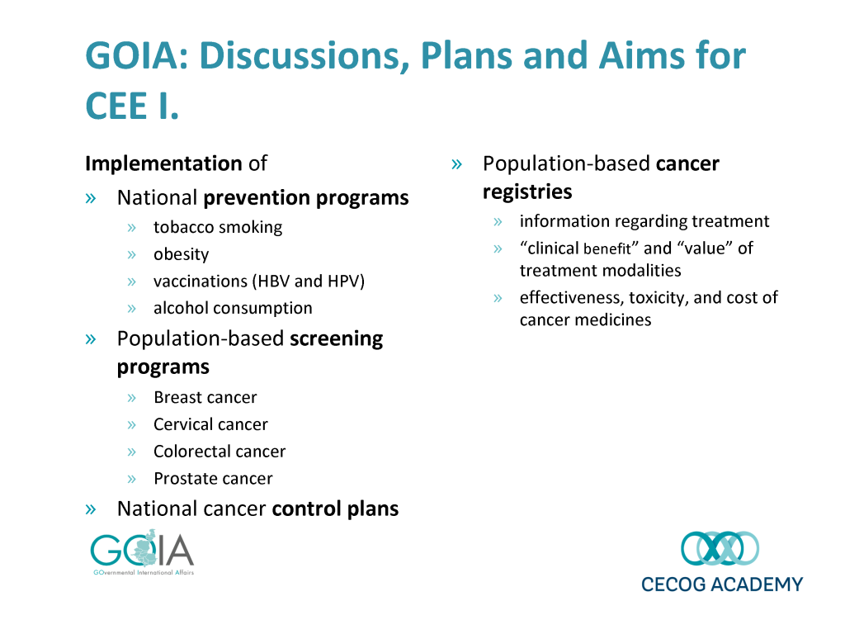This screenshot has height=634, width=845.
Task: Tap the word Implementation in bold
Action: click(164, 163)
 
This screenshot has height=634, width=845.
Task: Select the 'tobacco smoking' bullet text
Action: click(218, 228)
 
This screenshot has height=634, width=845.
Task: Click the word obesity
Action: click(181, 254)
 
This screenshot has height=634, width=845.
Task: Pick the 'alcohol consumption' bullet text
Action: click(233, 309)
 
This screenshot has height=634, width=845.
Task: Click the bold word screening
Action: click(337, 339)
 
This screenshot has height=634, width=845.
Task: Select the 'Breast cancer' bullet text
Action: click(205, 397)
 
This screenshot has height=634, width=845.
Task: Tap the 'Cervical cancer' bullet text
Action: click(210, 424)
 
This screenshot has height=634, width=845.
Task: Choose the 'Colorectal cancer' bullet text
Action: click(220, 452)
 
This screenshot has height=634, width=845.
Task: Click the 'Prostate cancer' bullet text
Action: click(214, 479)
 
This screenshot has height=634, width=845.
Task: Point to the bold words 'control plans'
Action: click(335, 509)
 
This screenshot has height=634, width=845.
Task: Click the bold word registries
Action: click(527, 192)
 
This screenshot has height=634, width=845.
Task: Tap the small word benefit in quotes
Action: click(607, 249)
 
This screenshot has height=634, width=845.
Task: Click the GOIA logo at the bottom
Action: click(142, 552)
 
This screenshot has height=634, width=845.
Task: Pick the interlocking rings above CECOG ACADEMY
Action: click(720, 548)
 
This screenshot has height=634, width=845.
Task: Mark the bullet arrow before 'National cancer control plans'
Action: click(91, 509)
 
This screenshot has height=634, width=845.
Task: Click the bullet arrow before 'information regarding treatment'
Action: click(498, 222)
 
